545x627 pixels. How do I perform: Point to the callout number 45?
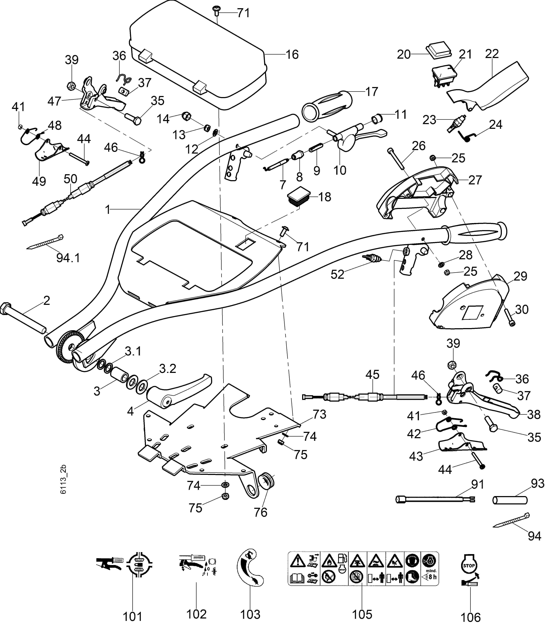(x=373, y=375)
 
